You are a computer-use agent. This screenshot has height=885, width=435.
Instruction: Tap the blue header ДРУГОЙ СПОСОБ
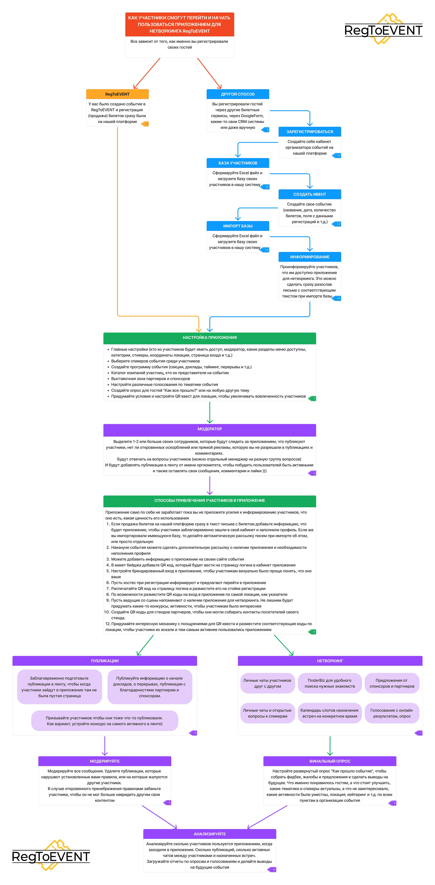(x=238, y=94)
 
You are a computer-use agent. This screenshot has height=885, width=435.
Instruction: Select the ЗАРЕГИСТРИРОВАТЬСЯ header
(x=310, y=132)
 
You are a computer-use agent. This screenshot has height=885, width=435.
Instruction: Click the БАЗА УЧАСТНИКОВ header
(x=238, y=163)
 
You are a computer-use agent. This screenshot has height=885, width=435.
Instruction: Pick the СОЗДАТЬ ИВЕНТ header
(x=310, y=194)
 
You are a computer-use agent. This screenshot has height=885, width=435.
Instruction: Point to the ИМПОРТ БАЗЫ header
(x=238, y=226)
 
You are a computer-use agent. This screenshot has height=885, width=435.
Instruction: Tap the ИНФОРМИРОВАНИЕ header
(x=310, y=257)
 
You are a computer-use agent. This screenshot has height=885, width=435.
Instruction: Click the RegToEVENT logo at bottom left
(x=51, y=855)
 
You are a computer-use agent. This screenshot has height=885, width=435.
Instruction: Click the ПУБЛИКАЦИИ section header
(x=105, y=661)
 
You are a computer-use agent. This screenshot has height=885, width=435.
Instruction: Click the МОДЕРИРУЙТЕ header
(x=105, y=761)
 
